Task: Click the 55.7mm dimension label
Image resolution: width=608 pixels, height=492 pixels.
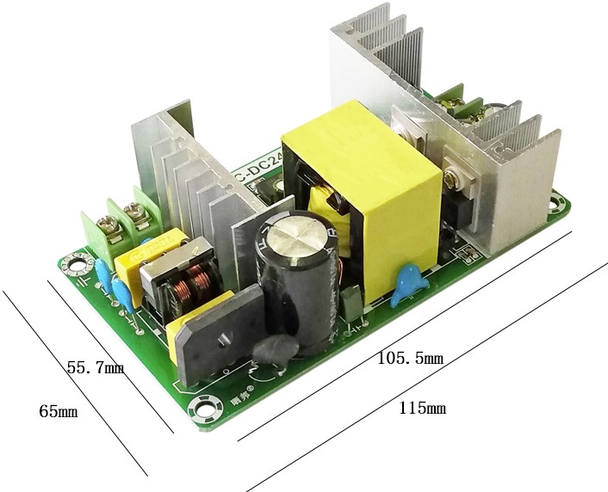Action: [x=95, y=367]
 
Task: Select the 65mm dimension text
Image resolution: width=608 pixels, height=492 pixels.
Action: [x=58, y=411]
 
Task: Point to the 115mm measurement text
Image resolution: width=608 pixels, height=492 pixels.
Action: [x=422, y=408]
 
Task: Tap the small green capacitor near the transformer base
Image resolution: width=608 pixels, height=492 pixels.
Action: [x=351, y=302]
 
